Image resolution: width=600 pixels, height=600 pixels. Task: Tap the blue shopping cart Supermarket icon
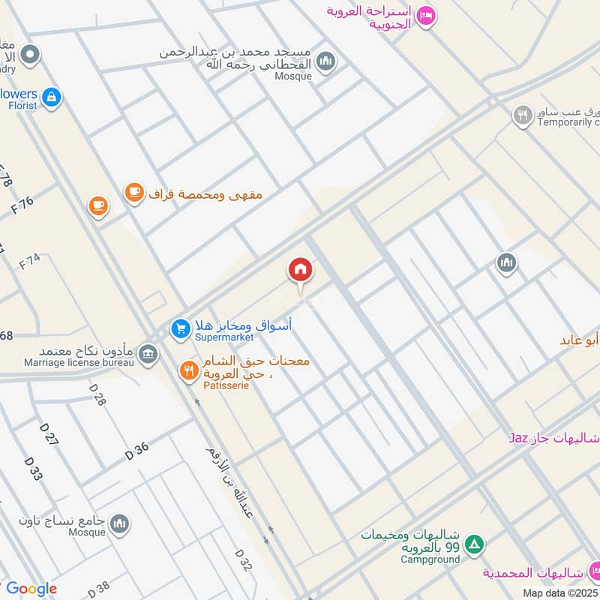180,328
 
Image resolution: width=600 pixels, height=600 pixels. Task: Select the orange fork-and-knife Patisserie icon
188,369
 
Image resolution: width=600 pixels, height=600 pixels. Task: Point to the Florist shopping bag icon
52,96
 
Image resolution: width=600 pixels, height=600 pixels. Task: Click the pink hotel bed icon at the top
426,16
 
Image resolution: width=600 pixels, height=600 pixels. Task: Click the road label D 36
137,451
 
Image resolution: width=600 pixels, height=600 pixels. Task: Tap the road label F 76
23,205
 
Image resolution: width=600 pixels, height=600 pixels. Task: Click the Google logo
31,589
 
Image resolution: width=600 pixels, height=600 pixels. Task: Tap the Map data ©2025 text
560,592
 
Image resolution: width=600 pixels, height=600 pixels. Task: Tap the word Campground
429,559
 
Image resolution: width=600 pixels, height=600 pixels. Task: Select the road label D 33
33,469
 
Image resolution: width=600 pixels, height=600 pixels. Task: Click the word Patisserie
226,385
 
